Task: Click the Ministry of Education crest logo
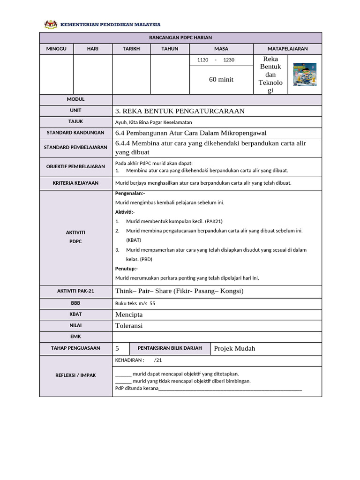pyautogui.click(x=49, y=24)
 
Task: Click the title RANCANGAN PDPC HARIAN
pyautogui.click(x=180, y=37)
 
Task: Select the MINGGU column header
pyautogui.click(x=56, y=49)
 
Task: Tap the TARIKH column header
pyautogui.click(x=131, y=49)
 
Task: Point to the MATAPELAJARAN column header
pyautogui.click(x=287, y=49)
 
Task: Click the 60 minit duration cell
pyautogui.click(x=221, y=80)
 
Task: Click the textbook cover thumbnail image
pyautogui.click(x=304, y=75)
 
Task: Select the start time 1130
pyautogui.click(x=202, y=60)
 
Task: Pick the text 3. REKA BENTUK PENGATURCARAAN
pyautogui.click(x=180, y=111)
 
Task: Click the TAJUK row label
pyautogui.click(x=75, y=121)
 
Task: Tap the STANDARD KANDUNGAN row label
pyautogui.click(x=75, y=133)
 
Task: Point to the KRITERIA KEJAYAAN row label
pyautogui.click(x=75, y=183)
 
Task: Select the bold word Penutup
pyautogui.click(x=126, y=269)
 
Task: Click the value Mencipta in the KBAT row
pyautogui.click(x=129, y=314)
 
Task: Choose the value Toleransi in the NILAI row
pyautogui.click(x=129, y=325)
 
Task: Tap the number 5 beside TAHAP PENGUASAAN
pyautogui.click(x=117, y=348)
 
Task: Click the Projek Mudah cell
pyautogui.click(x=234, y=348)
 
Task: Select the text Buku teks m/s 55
pyautogui.click(x=135, y=303)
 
